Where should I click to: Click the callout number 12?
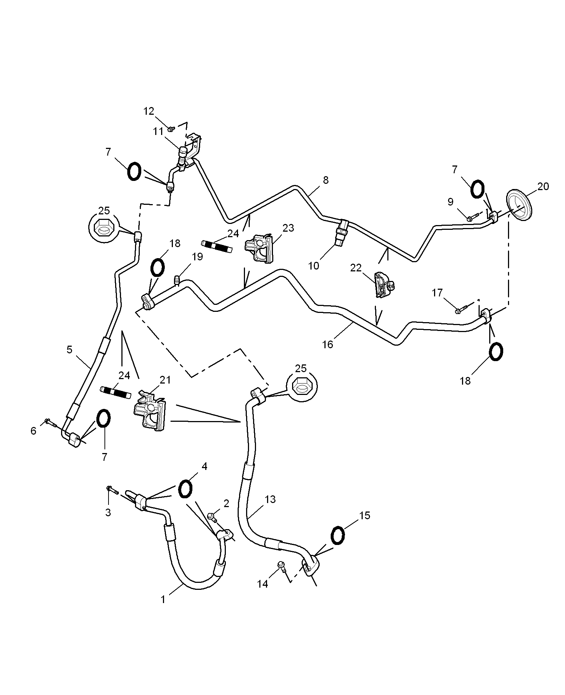coord(149,111)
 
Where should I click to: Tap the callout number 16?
coord(327,344)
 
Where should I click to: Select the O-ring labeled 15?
coord(338,535)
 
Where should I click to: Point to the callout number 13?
coord(270,499)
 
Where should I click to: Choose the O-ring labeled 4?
coord(185,489)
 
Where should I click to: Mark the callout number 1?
coord(163,599)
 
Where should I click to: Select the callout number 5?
coord(70,349)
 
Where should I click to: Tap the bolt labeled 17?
coord(461,309)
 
